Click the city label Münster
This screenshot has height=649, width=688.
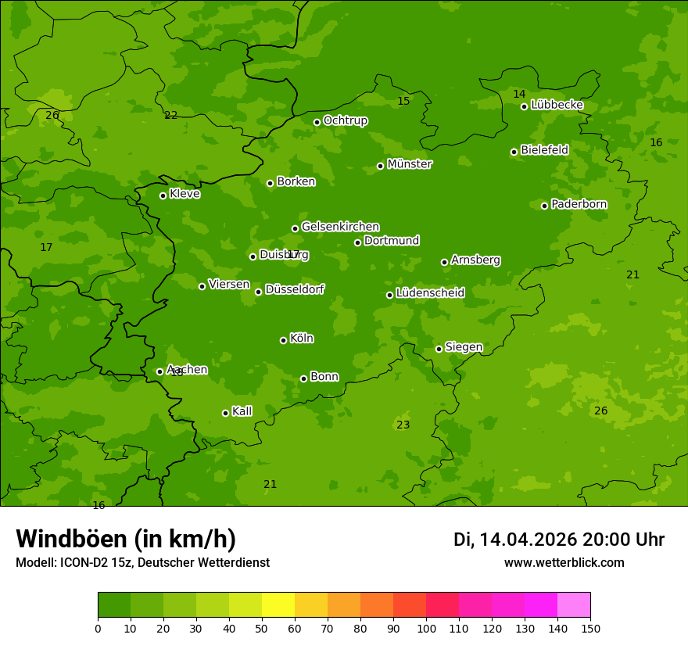[409, 164]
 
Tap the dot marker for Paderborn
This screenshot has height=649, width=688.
[545, 206]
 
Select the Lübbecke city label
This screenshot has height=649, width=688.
[557, 105]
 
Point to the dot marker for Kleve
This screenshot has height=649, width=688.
[163, 195]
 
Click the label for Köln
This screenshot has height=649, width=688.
[301, 339]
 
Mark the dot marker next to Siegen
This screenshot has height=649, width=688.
[439, 349]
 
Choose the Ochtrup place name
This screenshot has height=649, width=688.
[345, 120]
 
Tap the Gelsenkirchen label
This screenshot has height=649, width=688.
[340, 227]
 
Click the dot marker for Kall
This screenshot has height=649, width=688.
[225, 413]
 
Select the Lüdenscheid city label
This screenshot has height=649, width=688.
[430, 293]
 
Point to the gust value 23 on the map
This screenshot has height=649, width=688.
[403, 425]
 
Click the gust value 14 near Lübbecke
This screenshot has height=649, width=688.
[519, 94]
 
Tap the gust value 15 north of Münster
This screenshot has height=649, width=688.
[403, 101]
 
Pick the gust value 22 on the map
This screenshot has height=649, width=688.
[170, 115]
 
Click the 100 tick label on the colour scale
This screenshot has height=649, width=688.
[426, 628]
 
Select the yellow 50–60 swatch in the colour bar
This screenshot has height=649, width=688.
[278, 604]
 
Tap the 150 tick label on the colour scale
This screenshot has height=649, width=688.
[590, 628]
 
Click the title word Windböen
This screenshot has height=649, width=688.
[71, 539]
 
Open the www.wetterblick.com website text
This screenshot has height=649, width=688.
[564, 562]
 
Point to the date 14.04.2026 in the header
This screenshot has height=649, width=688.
[528, 540]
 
